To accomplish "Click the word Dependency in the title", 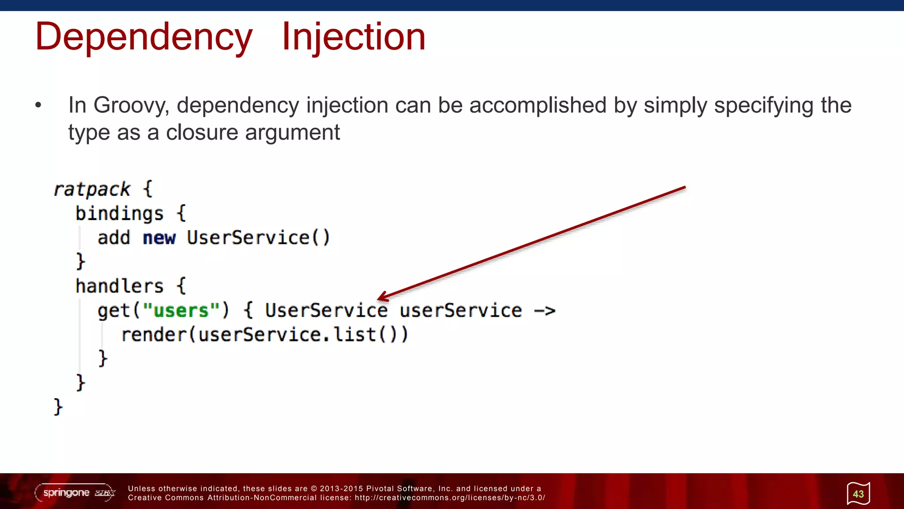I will pyautogui.click(x=143, y=37).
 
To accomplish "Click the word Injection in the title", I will pyautogui.click(x=354, y=37).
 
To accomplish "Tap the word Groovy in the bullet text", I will pyautogui.click(x=131, y=106).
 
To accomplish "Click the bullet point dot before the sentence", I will pyautogui.click(x=38, y=105).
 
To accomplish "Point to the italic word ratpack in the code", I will pyautogui.click(x=92, y=190).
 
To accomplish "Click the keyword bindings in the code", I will pyautogui.click(x=119, y=214).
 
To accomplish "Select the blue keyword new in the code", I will pyautogui.click(x=159, y=238).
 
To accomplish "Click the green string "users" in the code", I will pyautogui.click(x=181, y=311).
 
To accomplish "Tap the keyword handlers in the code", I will pyautogui.click(x=119, y=286).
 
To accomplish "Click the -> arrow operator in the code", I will pyautogui.click(x=544, y=311).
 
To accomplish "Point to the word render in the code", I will pyautogui.click(x=154, y=334).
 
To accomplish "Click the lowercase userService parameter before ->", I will pyautogui.click(x=461, y=311).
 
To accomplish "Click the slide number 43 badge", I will pyautogui.click(x=858, y=494).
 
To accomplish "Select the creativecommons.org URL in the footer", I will pyautogui.click(x=449, y=498).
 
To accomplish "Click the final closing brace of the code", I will pyautogui.click(x=58, y=406).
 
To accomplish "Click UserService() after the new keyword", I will pyautogui.click(x=258, y=238).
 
